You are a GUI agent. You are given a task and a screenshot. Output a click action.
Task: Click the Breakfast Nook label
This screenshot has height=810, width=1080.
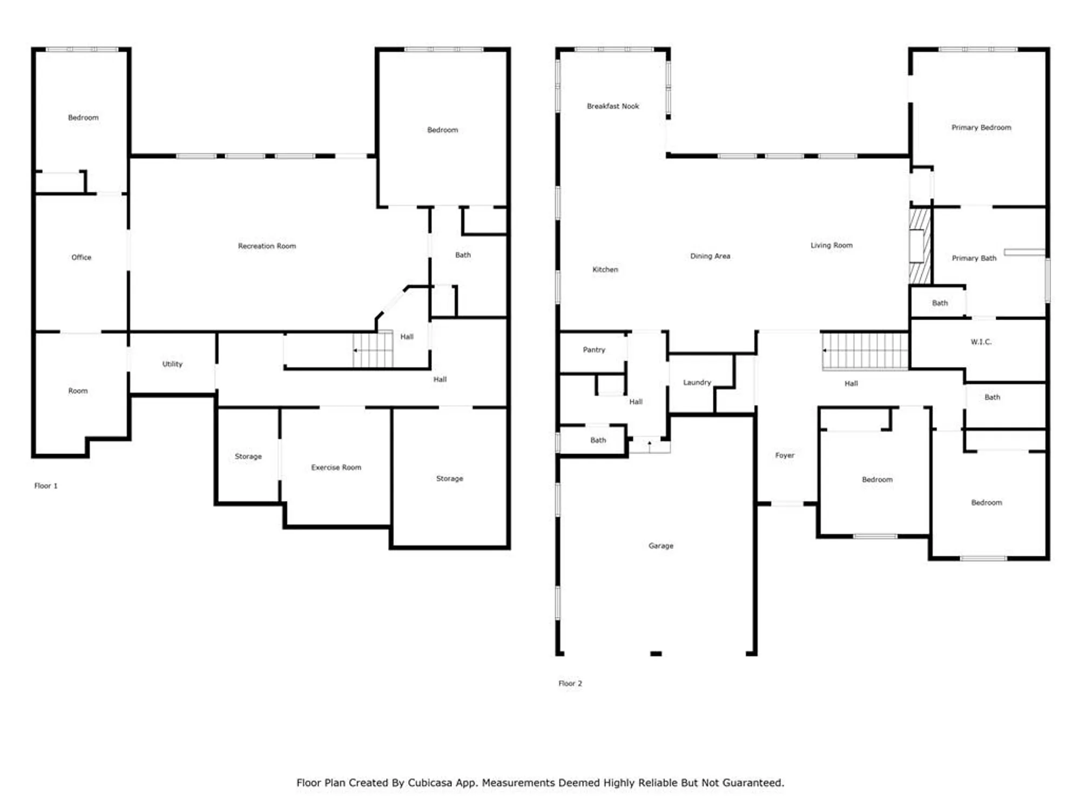tap(613, 106)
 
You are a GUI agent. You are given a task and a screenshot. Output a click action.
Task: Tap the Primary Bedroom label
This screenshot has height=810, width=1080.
tap(981, 127)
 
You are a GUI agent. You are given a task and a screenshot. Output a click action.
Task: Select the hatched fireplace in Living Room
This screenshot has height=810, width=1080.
tap(920, 246)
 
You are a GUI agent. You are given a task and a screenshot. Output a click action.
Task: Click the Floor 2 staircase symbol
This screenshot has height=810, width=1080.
tap(865, 351)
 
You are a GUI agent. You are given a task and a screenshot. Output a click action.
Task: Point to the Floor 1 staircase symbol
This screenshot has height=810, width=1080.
tap(373, 350)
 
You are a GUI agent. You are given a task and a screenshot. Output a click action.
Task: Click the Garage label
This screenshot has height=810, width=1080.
tap(660, 546)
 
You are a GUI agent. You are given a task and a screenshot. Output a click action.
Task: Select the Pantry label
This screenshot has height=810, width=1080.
tap(594, 350)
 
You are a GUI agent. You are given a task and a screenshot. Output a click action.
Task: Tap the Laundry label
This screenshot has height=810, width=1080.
tap(697, 382)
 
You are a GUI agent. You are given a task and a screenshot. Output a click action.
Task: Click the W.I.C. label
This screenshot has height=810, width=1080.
tap(981, 342)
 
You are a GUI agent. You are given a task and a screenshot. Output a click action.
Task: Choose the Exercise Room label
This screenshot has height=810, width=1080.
tap(336, 468)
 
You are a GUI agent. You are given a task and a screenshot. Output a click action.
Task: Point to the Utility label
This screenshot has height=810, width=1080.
tap(172, 364)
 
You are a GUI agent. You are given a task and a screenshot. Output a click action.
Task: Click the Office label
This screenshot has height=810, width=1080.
tap(82, 258)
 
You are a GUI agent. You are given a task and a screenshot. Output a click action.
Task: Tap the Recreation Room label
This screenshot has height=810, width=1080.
tap(267, 246)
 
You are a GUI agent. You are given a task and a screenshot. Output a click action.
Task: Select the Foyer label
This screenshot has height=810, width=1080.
tap(785, 455)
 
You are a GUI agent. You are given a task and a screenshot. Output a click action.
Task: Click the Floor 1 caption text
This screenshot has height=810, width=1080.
tap(46, 486)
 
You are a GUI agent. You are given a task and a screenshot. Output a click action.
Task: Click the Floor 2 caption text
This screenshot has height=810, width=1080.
tap(570, 684)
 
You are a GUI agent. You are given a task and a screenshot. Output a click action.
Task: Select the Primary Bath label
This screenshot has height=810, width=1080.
tap(974, 258)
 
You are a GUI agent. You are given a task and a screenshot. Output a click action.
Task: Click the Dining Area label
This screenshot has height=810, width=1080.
tap(710, 256)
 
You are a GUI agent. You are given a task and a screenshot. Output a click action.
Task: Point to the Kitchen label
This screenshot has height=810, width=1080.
tap(605, 269)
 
